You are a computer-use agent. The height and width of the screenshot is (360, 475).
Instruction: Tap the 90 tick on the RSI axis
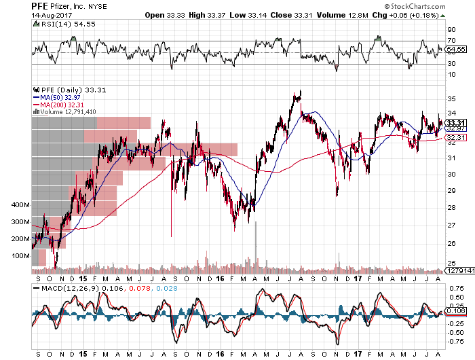click(451, 30)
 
